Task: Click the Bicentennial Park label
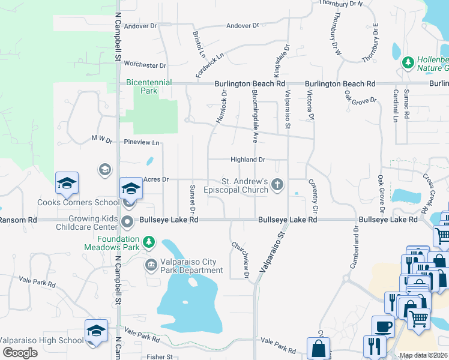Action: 149,86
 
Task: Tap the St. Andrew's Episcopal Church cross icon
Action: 277,185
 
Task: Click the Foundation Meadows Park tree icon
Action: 148,242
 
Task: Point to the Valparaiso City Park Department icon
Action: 151,264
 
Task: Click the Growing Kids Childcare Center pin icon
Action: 127,223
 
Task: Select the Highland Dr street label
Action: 248,160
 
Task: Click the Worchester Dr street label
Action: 144,65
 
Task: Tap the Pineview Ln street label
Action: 141,143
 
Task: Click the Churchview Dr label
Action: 240,259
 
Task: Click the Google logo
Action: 20,353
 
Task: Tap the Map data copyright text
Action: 424,355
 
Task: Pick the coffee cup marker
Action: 383,327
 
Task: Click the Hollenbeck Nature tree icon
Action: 408,62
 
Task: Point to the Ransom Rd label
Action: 18,220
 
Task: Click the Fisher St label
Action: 160,356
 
